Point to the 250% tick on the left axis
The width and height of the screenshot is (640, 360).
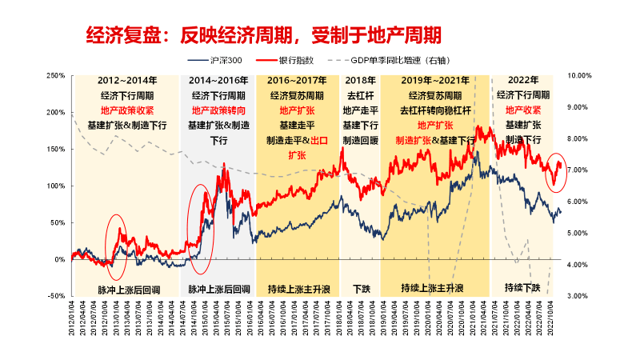(55, 75)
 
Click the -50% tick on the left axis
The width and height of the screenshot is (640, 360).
(55, 296)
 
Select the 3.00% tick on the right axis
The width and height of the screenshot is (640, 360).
(578, 296)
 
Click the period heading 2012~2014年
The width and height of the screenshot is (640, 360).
(126, 81)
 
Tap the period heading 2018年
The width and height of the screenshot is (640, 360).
(358, 81)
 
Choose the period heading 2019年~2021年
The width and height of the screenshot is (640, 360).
(435, 81)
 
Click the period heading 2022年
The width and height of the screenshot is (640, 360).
(522, 81)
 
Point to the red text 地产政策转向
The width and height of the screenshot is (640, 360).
(219, 110)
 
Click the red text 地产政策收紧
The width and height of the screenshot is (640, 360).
(126, 110)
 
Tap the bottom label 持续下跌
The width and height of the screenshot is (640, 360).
(522, 287)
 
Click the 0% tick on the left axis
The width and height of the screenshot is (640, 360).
(59, 259)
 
